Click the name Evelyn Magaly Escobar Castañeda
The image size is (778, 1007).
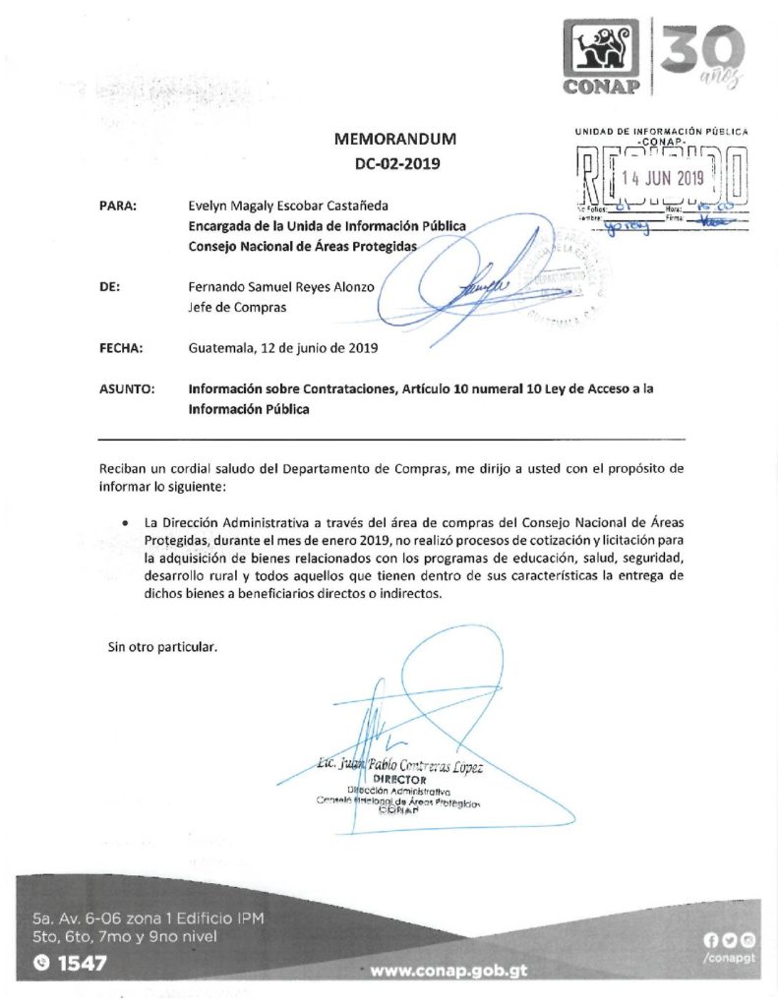click(x=289, y=207)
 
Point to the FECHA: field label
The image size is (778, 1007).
click(x=122, y=347)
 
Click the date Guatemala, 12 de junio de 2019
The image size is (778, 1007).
click(x=283, y=347)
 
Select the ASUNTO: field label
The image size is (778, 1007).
click(x=127, y=389)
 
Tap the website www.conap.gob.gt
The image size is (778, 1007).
click(x=449, y=969)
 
